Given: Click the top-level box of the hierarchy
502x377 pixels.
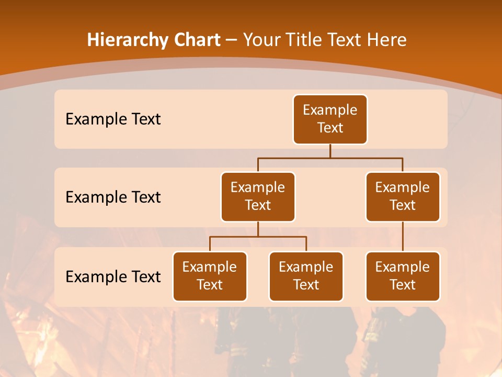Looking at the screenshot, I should click(x=330, y=119).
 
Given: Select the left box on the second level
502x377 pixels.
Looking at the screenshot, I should click(x=258, y=197).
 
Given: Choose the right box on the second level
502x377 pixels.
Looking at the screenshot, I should click(x=403, y=197).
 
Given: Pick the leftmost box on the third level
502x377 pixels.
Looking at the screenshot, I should click(x=210, y=276).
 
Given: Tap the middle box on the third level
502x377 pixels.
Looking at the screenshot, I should click(x=306, y=276).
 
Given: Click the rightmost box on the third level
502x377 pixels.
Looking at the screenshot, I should click(x=403, y=276).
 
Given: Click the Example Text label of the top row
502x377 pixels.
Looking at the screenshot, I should click(x=113, y=119).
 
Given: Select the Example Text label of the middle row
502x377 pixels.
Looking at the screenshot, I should click(x=113, y=197).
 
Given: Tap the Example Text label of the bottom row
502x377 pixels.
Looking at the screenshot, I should click(x=113, y=277).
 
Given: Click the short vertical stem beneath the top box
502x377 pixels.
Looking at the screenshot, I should click(x=330, y=151).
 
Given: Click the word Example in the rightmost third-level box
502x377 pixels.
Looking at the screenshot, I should click(x=403, y=268).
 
